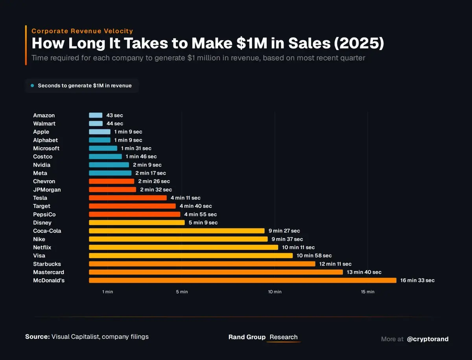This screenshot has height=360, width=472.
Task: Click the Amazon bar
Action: tap(96, 115)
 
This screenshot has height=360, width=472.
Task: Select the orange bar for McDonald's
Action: tap(242, 281)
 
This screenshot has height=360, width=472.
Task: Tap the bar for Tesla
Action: tap(128, 198)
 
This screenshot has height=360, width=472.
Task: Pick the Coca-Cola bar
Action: tap(177, 231)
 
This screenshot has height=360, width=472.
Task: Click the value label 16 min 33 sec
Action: tap(417, 281)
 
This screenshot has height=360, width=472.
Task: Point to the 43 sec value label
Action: tap(114, 115)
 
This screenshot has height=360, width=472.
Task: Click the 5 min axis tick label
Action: tap(182, 292)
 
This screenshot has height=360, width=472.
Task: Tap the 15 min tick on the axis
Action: tap(368, 292)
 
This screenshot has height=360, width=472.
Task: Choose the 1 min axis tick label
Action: tap(107, 292)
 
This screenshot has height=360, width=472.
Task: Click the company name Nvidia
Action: tap(42, 165)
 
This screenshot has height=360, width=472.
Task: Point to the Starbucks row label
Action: tap(47, 264)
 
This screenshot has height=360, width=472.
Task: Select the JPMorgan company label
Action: tap(47, 190)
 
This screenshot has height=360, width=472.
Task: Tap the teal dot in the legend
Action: tap(32, 85)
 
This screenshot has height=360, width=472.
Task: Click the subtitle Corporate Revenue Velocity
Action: tap(82, 31)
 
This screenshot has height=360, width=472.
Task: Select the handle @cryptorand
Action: tap(428, 339)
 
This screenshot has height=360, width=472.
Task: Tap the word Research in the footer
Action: tap(284, 337)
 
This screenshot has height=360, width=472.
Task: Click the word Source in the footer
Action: tap(37, 337)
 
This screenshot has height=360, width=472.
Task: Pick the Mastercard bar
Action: tap(216, 272)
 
